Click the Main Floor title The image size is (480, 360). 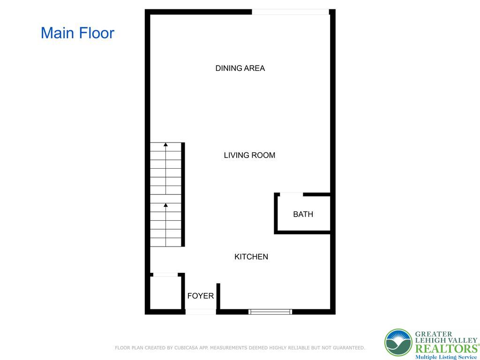(77, 33)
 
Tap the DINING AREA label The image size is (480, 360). (240, 68)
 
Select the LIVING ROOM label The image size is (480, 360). (249, 155)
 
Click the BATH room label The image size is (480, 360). (303, 214)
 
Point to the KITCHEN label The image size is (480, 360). (251, 257)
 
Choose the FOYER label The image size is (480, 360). (200, 296)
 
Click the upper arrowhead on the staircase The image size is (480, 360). (165, 145)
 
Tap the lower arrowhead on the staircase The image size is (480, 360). (165, 205)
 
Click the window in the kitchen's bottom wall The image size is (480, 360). (270, 311)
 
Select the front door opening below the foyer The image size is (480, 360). (201, 311)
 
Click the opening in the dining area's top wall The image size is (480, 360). (291, 12)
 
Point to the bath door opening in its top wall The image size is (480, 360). (291, 194)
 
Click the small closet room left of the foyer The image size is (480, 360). (165, 292)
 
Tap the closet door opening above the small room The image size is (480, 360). (165, 275)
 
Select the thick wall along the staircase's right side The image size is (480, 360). (183, 195)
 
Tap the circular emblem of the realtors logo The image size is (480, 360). (398, 343)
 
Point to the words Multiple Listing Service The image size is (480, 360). (445, 357)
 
